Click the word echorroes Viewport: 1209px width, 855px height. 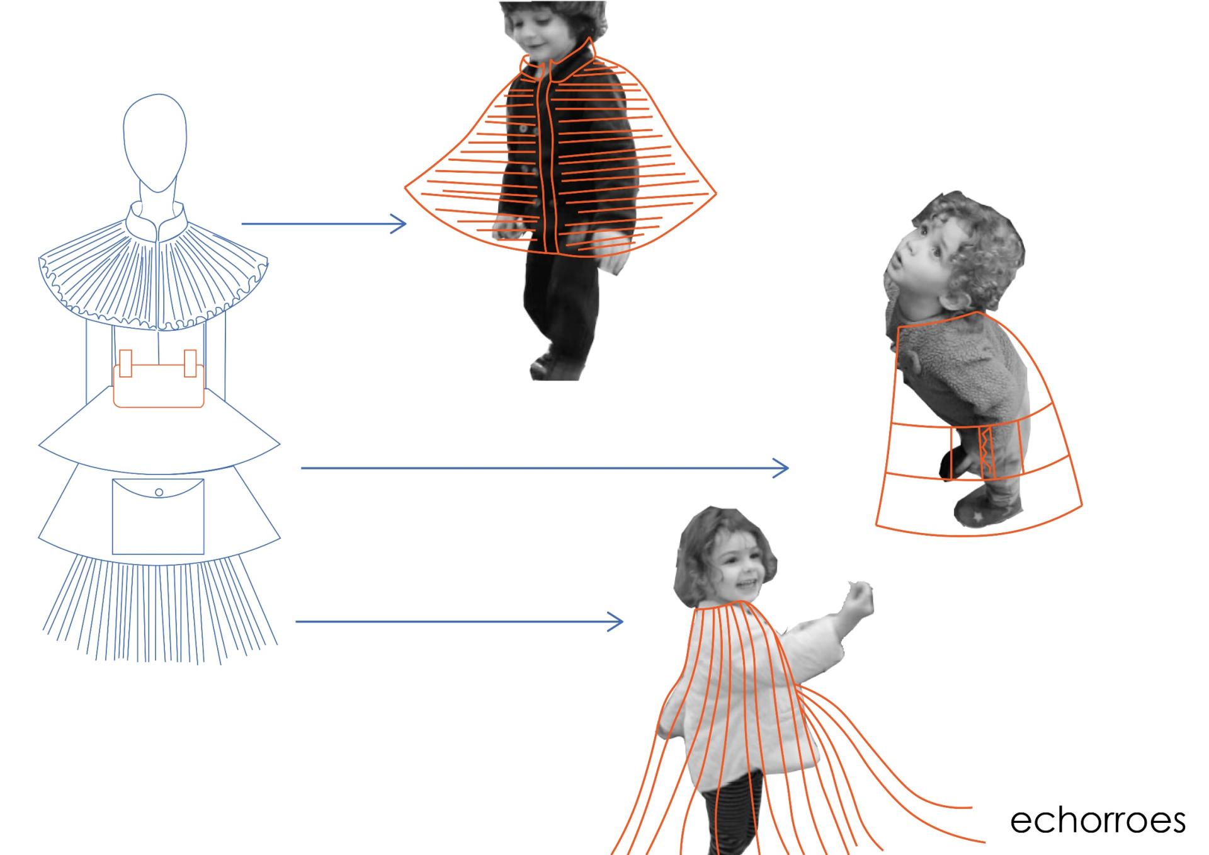(1098, 820)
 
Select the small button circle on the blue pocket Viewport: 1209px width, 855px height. (159, 492)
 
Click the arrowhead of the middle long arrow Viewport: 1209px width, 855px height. (781, 468)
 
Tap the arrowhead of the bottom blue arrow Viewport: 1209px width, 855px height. (615, 622)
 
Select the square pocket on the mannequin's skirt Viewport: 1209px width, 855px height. (158, 517)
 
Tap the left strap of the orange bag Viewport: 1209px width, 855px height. (125, 363)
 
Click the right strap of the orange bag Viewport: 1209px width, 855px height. (190, 363)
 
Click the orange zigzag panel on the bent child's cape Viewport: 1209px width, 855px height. (984, 452)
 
